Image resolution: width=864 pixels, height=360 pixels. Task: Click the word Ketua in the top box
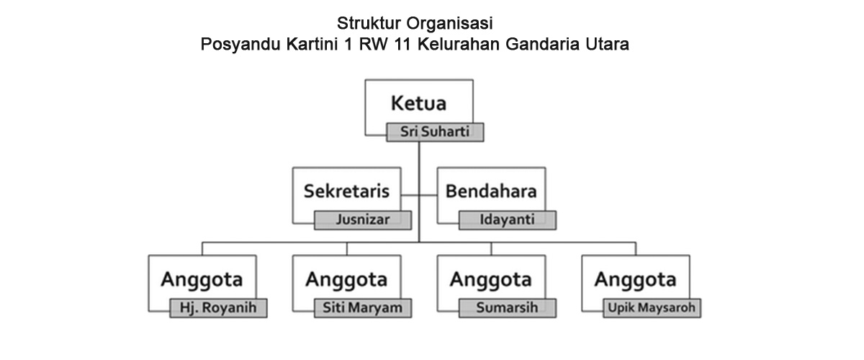click(x=418, y=104)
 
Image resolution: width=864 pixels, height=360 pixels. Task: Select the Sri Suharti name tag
click(x=435, y=132)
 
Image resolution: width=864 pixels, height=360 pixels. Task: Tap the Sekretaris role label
click(x=346, y=192)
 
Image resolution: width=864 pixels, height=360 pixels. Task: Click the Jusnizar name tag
click(x=363, y=220)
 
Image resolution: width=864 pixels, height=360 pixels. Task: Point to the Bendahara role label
click(x=491, y=192)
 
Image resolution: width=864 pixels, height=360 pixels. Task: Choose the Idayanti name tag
click(x=508, y=220)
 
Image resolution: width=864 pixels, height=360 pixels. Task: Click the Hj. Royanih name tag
click(x=218, y=308)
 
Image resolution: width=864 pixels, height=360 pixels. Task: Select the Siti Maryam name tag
click(x=363, y=308)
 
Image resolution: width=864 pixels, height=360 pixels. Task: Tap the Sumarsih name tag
click(x=508, y=308)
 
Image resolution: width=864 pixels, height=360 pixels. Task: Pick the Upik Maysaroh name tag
click(x=652, y=308)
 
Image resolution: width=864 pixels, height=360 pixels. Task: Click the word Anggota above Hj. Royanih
click(x=202, y=280)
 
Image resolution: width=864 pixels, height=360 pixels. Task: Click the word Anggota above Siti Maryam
click(x=346, y=280)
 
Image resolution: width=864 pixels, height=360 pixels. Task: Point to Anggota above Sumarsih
click(x=490, y=280)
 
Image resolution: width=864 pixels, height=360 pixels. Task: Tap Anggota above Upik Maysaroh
click(x=635, y=280)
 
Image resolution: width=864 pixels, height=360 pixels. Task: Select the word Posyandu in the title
click(x=240, y=45)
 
